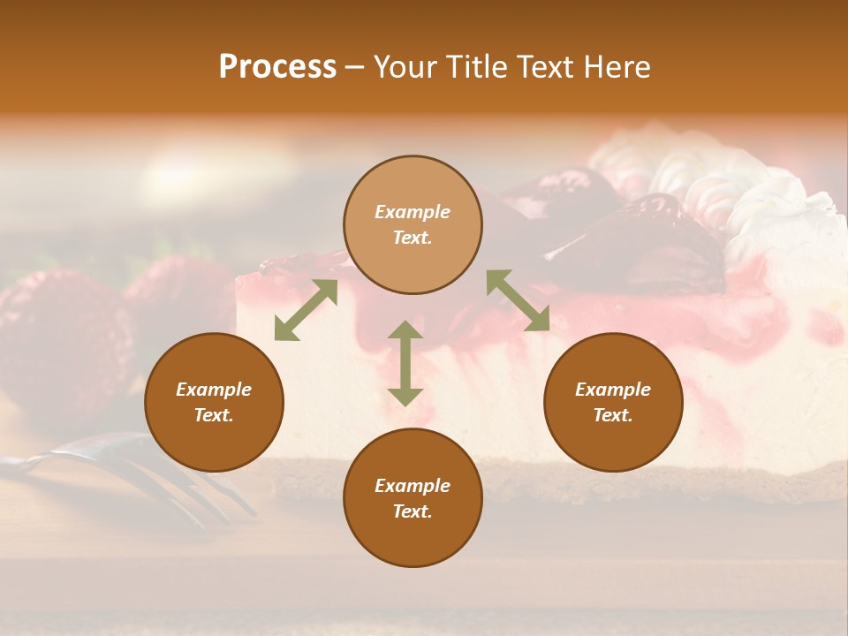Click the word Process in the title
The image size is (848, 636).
[277, 67]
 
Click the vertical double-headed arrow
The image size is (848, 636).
[405, 363]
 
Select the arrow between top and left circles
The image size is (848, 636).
[306, 310]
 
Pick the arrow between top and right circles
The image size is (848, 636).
[518, 300]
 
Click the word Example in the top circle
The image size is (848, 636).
[413, 212]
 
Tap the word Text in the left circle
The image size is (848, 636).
[214, 415]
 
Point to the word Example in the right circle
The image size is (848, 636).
[613, 390]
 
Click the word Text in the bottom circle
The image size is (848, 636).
[413, 511]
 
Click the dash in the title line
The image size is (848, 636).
[354, 67]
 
